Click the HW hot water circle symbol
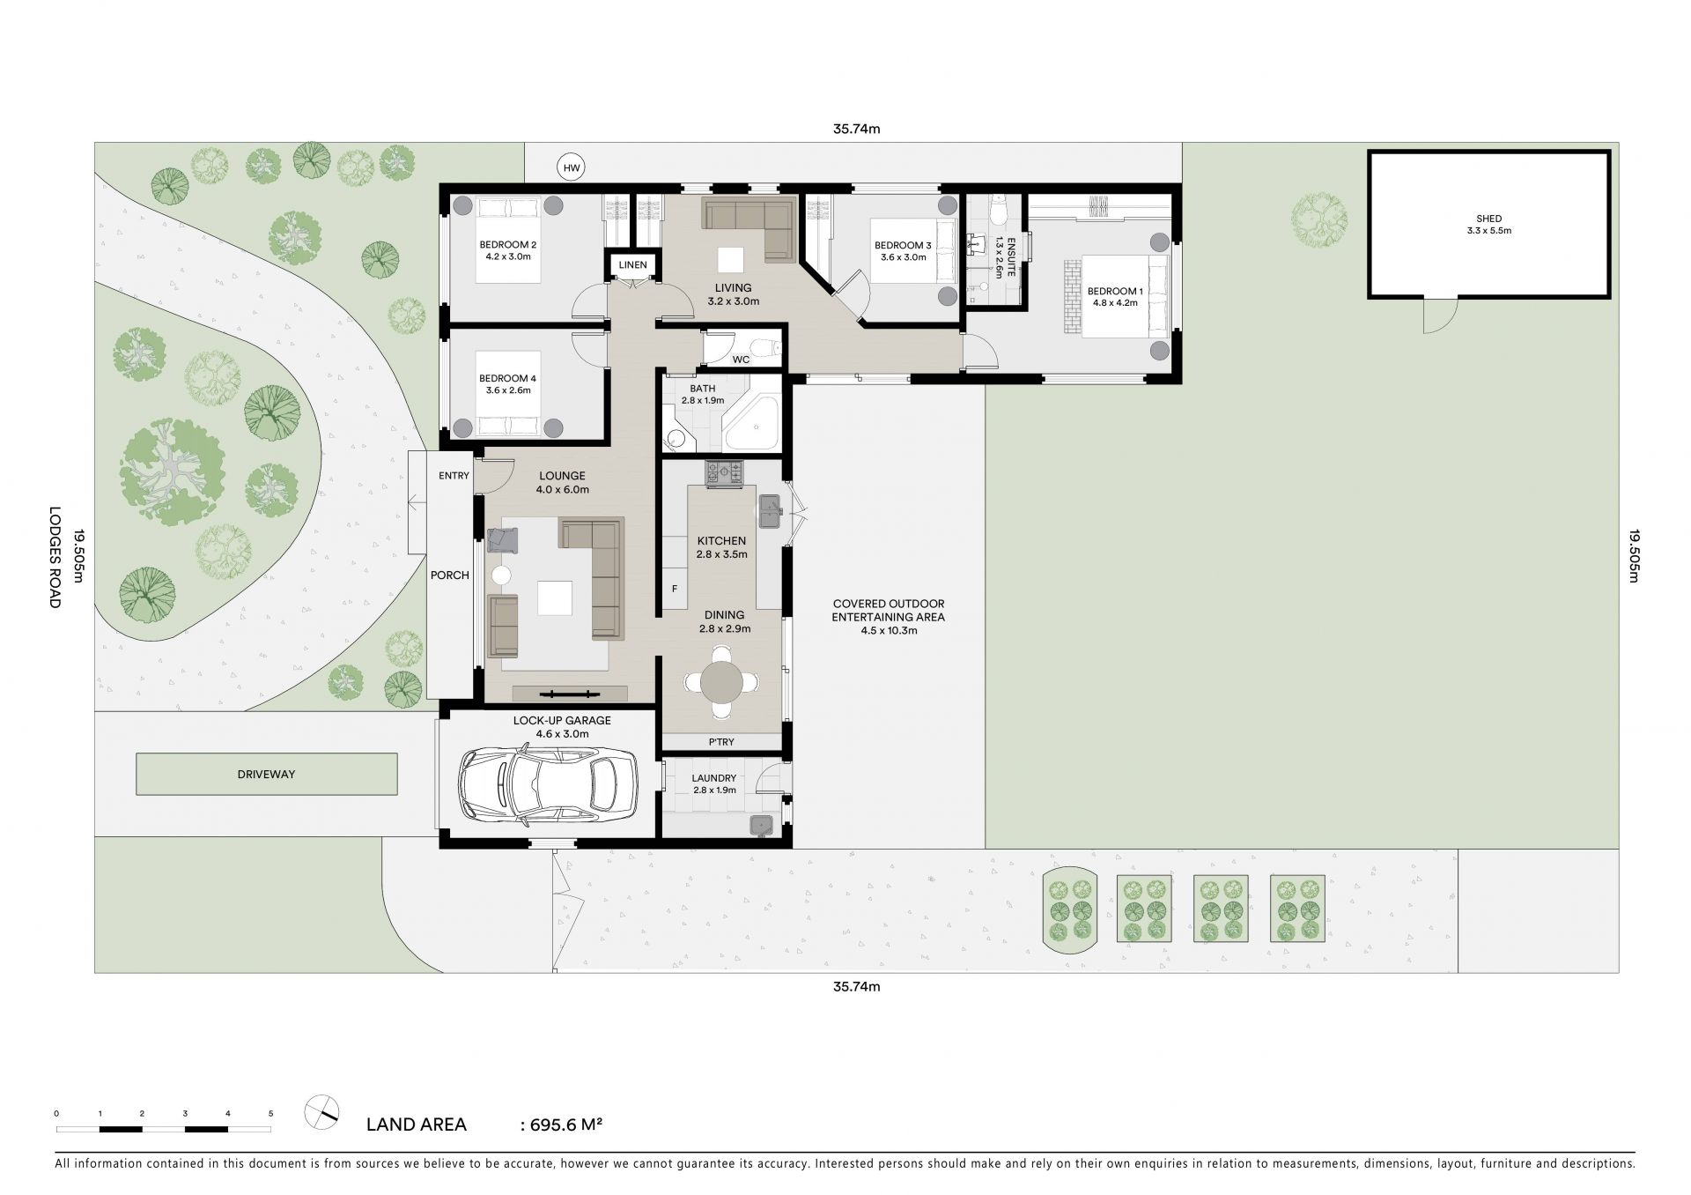coord(572,167)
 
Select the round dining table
coord(722,680)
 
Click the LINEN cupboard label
coord(632,265)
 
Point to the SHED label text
coord(1488,219)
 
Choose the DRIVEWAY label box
coord(266,774)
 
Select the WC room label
coord(741,360)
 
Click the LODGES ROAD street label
coord(55,557)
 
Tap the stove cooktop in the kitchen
coord(724,473)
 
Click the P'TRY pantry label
coord(721,742)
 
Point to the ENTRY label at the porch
coord(454,476)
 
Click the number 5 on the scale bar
coord(271,1114)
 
